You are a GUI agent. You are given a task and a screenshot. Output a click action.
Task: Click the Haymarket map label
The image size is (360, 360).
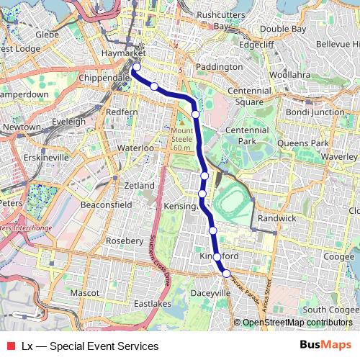124,54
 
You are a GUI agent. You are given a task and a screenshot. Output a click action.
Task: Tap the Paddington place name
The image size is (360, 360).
219,66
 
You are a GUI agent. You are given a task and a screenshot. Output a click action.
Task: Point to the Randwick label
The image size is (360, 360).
276,217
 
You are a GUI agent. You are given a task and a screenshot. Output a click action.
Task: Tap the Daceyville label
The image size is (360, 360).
211,294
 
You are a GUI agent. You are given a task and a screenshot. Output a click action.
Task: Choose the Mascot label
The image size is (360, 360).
85,294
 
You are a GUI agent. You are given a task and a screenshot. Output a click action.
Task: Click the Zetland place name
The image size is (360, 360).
139,186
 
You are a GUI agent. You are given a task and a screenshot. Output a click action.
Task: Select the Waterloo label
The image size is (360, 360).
136,148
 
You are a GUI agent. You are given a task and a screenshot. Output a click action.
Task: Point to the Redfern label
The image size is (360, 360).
121,112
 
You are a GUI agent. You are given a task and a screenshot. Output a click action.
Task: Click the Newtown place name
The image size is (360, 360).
22,127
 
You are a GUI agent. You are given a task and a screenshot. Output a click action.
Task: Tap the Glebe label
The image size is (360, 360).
47,34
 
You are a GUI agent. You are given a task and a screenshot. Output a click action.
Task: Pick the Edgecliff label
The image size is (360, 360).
257,45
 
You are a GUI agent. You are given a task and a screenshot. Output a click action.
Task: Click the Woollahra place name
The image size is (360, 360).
287,75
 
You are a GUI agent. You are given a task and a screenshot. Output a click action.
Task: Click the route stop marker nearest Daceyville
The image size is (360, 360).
226,273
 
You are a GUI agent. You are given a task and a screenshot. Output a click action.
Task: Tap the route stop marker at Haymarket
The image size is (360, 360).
136,68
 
